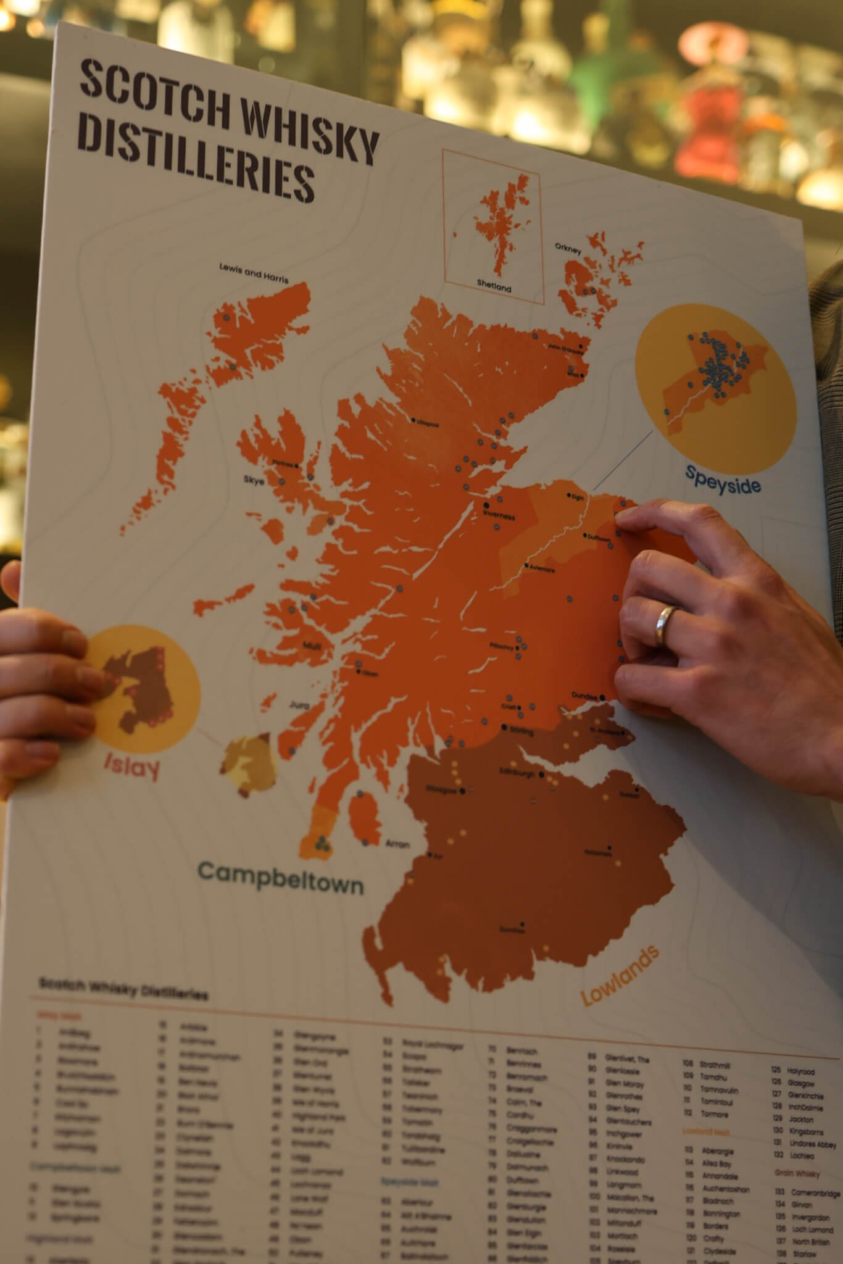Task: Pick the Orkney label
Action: click(x=568, y=250)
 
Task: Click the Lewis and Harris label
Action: click(x=254, y=273)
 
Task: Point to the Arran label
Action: click(x=397, y=843)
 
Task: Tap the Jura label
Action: click(x=298, y=704)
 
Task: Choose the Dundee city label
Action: click(x=584, y=696)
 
